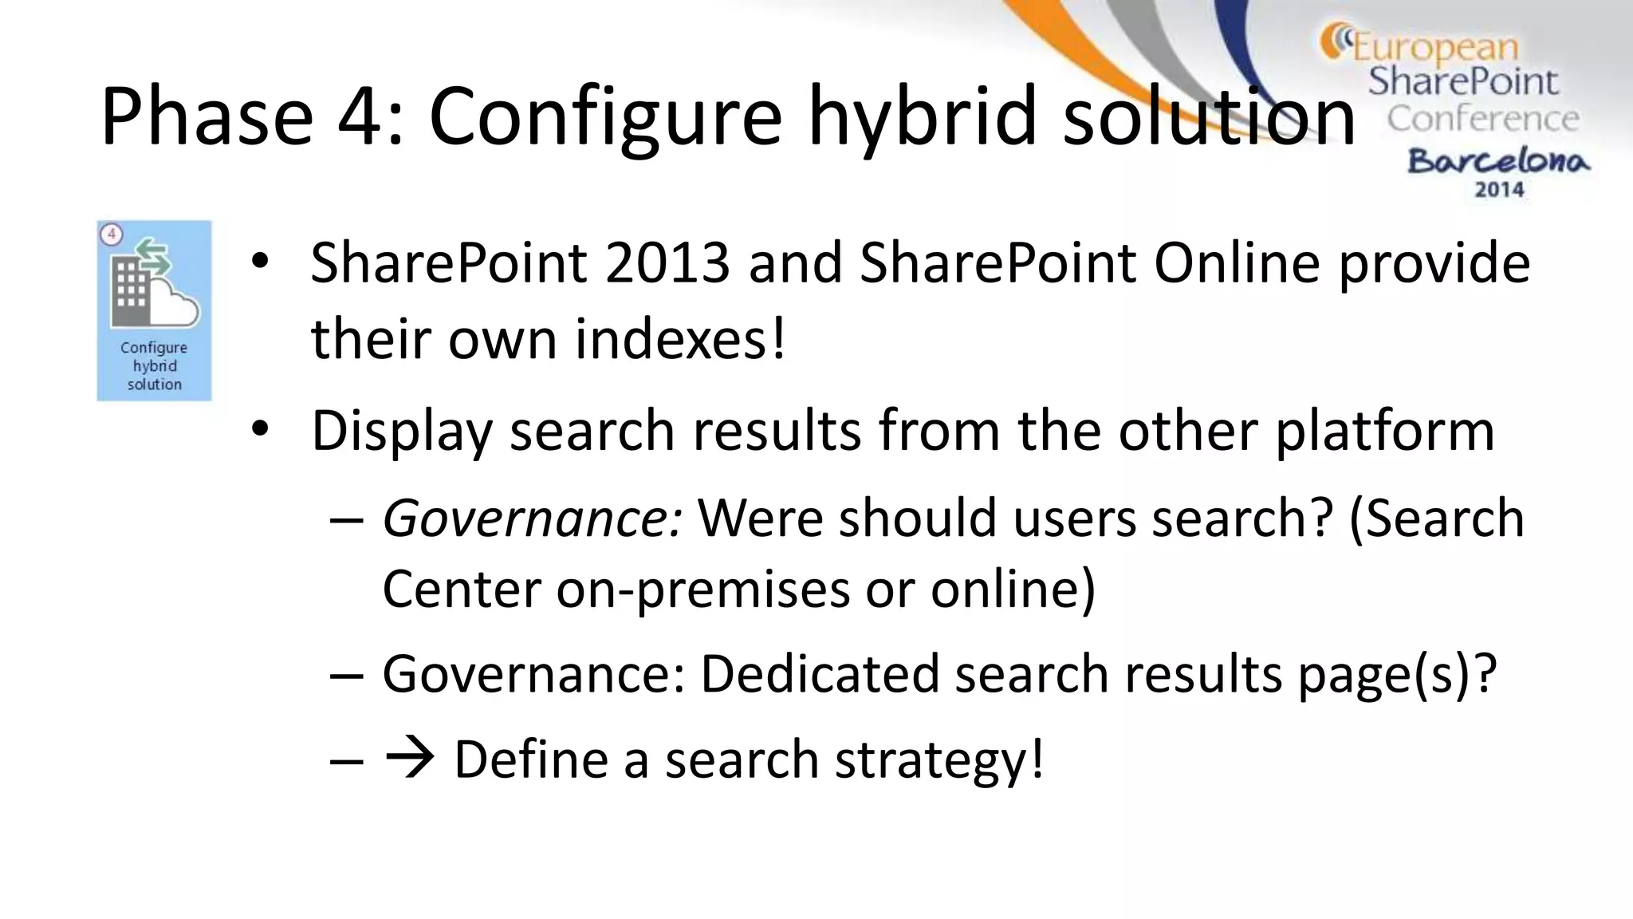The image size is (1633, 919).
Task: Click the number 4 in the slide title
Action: tap(361, 116)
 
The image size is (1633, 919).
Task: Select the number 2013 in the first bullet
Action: tap(667, 263)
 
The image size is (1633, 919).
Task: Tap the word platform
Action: tap(1384, 432)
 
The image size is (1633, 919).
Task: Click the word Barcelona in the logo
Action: tap(1498, 161)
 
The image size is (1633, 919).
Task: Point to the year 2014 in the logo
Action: tap(1499, 190)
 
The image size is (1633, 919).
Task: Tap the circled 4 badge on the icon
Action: tap(112, 235)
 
